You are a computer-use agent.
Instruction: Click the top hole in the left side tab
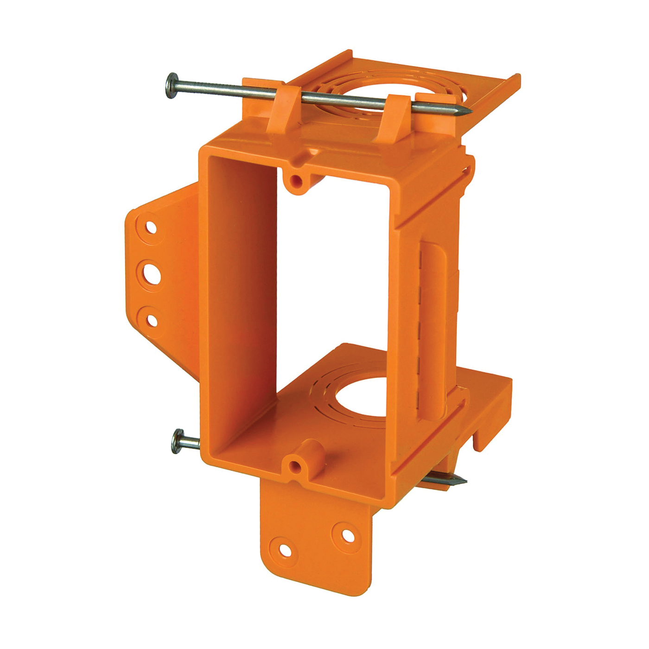[x=151, y=227]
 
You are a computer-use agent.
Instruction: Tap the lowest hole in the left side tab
[x=152, y=320]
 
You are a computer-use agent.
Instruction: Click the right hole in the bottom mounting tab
[x=347, y=534]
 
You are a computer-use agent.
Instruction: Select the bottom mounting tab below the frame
[x=315, y=533]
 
